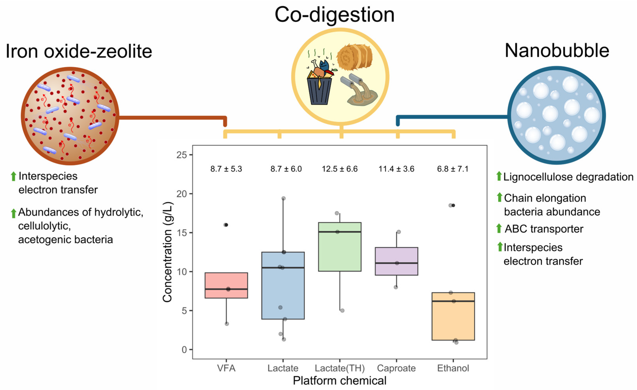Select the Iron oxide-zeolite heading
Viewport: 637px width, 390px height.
pos(79,51)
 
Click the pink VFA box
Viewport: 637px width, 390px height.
pos(226,282)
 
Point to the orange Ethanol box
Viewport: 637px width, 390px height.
pos(453,320)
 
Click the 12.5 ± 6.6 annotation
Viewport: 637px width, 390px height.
pos(340,169)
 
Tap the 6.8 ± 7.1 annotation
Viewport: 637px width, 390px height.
pos(453,169)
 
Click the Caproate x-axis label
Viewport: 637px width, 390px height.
pos(396,368)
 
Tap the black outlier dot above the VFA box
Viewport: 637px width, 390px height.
pos(226,225)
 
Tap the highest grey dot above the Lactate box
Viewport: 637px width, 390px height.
pos(283,198)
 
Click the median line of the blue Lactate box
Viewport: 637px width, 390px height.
pos(283,268)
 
